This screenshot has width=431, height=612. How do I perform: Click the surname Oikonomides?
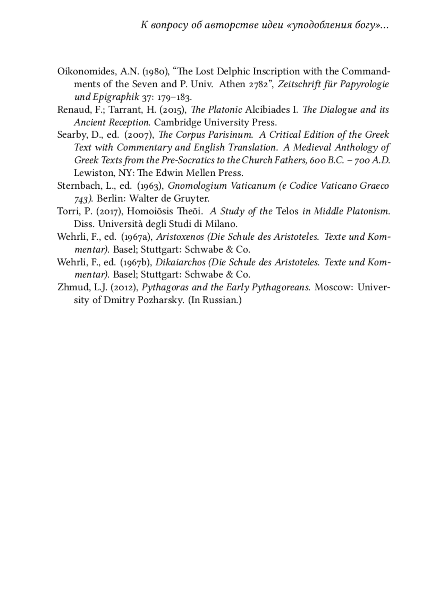[86, 72]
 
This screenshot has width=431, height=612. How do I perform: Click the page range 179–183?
[175, 97]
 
